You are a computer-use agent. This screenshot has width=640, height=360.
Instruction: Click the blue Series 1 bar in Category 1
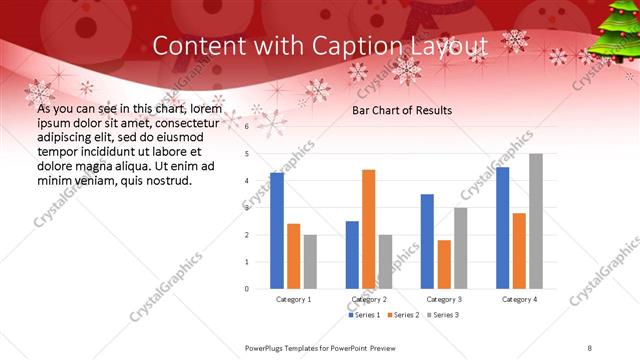[x=277, y=231]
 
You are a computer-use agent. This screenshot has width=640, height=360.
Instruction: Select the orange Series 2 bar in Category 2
[x=369, y=229]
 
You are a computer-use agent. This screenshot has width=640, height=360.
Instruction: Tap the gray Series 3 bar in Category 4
[x=536, y=221]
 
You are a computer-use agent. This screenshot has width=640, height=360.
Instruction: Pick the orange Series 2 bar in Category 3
[x=444, y=264]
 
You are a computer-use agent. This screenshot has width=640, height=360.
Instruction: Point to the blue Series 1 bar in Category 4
[x=502, y=228]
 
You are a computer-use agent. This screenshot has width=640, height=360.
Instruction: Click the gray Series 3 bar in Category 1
[x=311, y=262]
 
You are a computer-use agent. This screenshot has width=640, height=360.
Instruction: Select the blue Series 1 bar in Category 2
[x=352, y=255]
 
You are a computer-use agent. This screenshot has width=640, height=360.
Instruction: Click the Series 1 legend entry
[x=364, y=315]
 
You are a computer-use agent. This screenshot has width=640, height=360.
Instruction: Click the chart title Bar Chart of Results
[x=401, y=110]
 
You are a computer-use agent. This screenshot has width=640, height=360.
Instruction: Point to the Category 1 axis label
[x=294, y=299]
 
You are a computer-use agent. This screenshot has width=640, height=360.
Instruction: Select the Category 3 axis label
[x=444, y=299]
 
